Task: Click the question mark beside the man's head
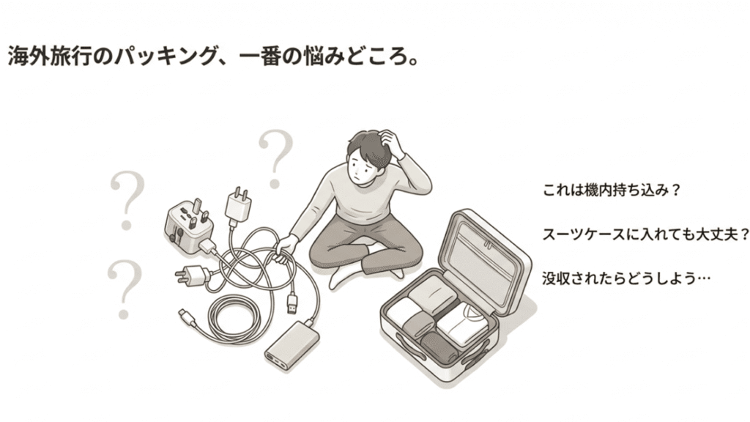[276, 156]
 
